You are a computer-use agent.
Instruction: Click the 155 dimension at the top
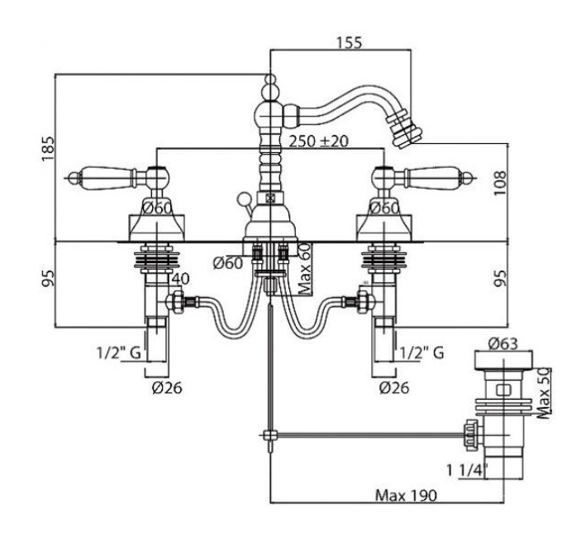coord(350,42)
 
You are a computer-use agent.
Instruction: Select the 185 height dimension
coord(48,149)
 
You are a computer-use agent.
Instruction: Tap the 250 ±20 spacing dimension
coord(318,141)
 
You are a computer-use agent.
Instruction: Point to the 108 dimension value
coord(500,183)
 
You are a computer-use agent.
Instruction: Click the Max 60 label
coord(305,270)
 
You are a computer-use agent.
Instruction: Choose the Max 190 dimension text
coord(407,496)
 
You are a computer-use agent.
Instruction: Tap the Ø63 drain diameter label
coord(503,343)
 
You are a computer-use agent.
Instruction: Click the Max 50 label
coord(544,393)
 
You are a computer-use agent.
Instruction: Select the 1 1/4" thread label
coord(467,470)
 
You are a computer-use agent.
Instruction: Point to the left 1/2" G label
coord(119,353)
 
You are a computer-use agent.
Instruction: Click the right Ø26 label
coord(394,387)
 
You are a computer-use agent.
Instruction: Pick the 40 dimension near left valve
coord(181,279)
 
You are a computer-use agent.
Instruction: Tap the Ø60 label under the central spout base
coord(228,263)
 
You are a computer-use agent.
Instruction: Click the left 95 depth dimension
coord(48,278)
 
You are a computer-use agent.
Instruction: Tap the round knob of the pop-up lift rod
coord(243,199)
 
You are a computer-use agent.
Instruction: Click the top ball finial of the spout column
coord(270,79)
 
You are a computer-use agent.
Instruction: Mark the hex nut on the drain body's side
coord(472,436)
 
